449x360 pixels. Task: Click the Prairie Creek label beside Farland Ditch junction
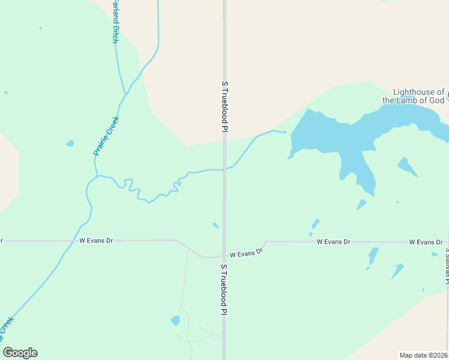(x=107, y=136)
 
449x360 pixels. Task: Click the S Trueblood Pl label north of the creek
(x=224, y=107)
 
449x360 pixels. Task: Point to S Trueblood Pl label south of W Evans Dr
(x=224, y=289)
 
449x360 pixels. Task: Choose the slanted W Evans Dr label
(x=246, y=253)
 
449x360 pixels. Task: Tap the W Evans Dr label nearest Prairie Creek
(x=96, y=241)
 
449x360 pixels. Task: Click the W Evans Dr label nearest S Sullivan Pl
(x=426, y=242)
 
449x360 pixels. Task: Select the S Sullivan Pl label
(x=447, y=264)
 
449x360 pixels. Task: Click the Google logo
(x=20, y=353)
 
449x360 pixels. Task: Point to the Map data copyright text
(x=423, y=355)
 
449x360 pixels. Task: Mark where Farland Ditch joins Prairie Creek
(x=125, y=95)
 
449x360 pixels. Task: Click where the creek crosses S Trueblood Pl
(x=224, y=169)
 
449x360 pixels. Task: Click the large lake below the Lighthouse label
(x=336, y=135)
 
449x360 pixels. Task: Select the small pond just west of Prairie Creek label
(x=70, y=143)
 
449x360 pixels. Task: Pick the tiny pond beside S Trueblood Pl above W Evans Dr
(x=215, y=225)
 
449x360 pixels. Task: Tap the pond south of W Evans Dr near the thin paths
(x=175, y=320)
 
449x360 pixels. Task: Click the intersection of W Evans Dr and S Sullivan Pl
(x=447, y=242)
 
